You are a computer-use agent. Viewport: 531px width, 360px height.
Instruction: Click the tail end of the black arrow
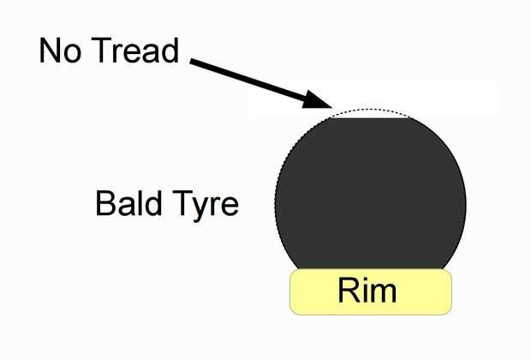194,62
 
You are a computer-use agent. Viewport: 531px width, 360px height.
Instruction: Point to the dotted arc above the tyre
369,111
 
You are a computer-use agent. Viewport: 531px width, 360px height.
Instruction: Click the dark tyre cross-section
370,197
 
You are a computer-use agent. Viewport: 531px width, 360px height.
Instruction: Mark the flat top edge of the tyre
369,118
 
